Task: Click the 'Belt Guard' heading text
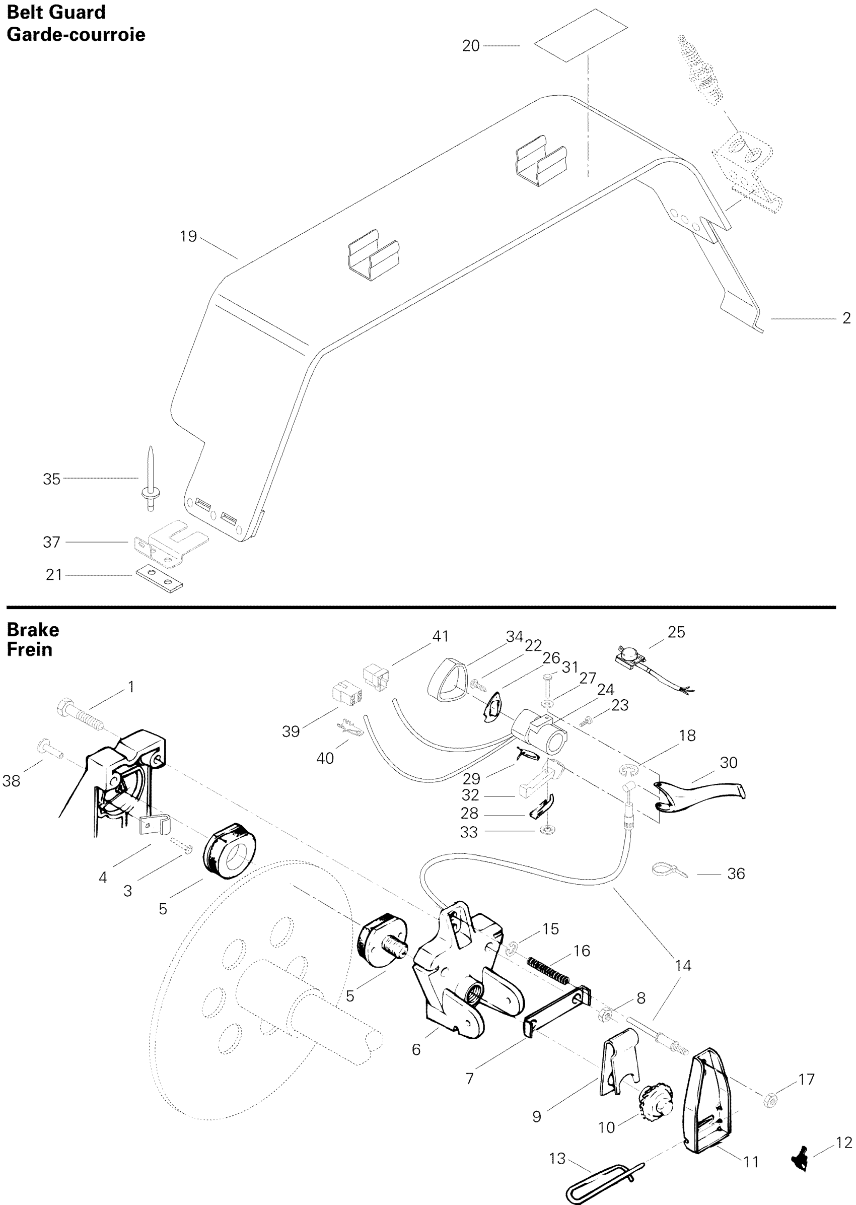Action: [56, 12]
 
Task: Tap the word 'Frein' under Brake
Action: [30, 649]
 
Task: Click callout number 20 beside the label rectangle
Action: [471, 46]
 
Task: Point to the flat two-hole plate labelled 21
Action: [159, 577]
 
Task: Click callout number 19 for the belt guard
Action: [188, 236]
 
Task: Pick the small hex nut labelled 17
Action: [770, 1101]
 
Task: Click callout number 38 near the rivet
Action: [11, 780]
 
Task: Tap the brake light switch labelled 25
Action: [632, 655]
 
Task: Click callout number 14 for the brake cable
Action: [683, 966]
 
